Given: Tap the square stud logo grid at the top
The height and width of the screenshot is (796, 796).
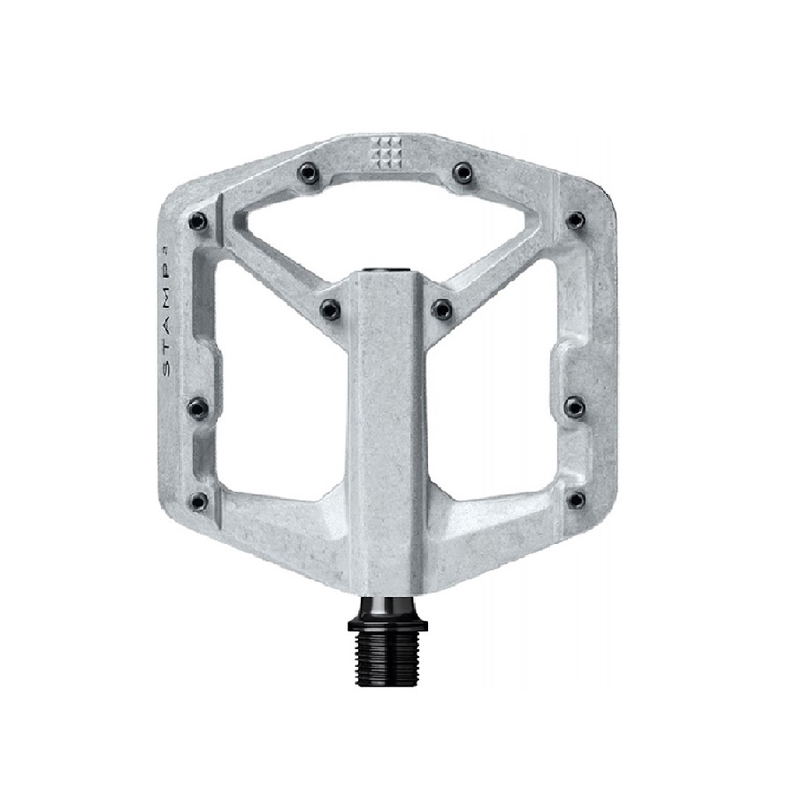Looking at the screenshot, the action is click(387, 152).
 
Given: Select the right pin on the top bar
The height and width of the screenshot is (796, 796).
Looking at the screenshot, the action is click(463, 172).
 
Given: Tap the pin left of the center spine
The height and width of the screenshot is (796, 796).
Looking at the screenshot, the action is click(331, 308).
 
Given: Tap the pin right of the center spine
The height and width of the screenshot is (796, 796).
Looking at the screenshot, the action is click(441, 308).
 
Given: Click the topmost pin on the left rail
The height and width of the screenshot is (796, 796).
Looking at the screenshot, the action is click(197, 221).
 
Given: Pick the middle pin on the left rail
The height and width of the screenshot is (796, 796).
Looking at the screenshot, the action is click(198, 407).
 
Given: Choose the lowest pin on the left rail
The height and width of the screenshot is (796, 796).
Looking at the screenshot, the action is click(198, 501).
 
